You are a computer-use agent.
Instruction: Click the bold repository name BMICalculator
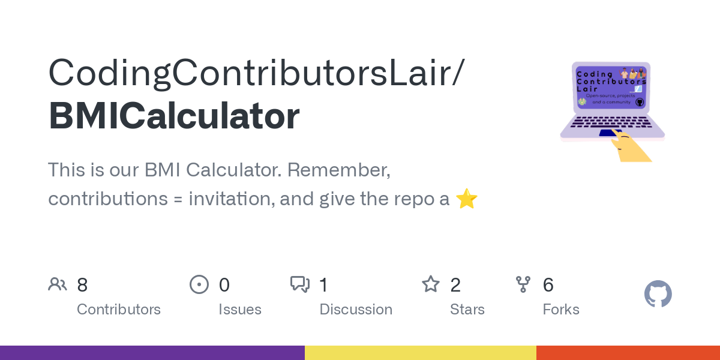[174, 116]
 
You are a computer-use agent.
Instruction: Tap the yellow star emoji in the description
[466, 199]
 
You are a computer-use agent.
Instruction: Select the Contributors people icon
[58, 284]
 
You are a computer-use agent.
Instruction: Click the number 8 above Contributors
[82, 285]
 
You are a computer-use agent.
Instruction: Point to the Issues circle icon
[199, 284]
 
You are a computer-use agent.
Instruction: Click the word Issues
[240, 310]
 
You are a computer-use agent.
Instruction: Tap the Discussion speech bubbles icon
[300, 284]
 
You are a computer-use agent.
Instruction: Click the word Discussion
[356, 310]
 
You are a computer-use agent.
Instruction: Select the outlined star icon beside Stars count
[431, 284]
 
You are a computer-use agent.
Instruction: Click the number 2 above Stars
[455, 285]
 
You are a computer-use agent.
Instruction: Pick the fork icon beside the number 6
[523, 284]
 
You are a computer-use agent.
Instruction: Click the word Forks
[561, 310]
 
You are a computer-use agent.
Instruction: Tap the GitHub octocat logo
[658, 295]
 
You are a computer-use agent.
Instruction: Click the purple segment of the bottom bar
[152, 353]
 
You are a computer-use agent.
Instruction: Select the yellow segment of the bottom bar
[421, 353]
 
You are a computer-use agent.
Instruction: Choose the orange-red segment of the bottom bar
[628, 353]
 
